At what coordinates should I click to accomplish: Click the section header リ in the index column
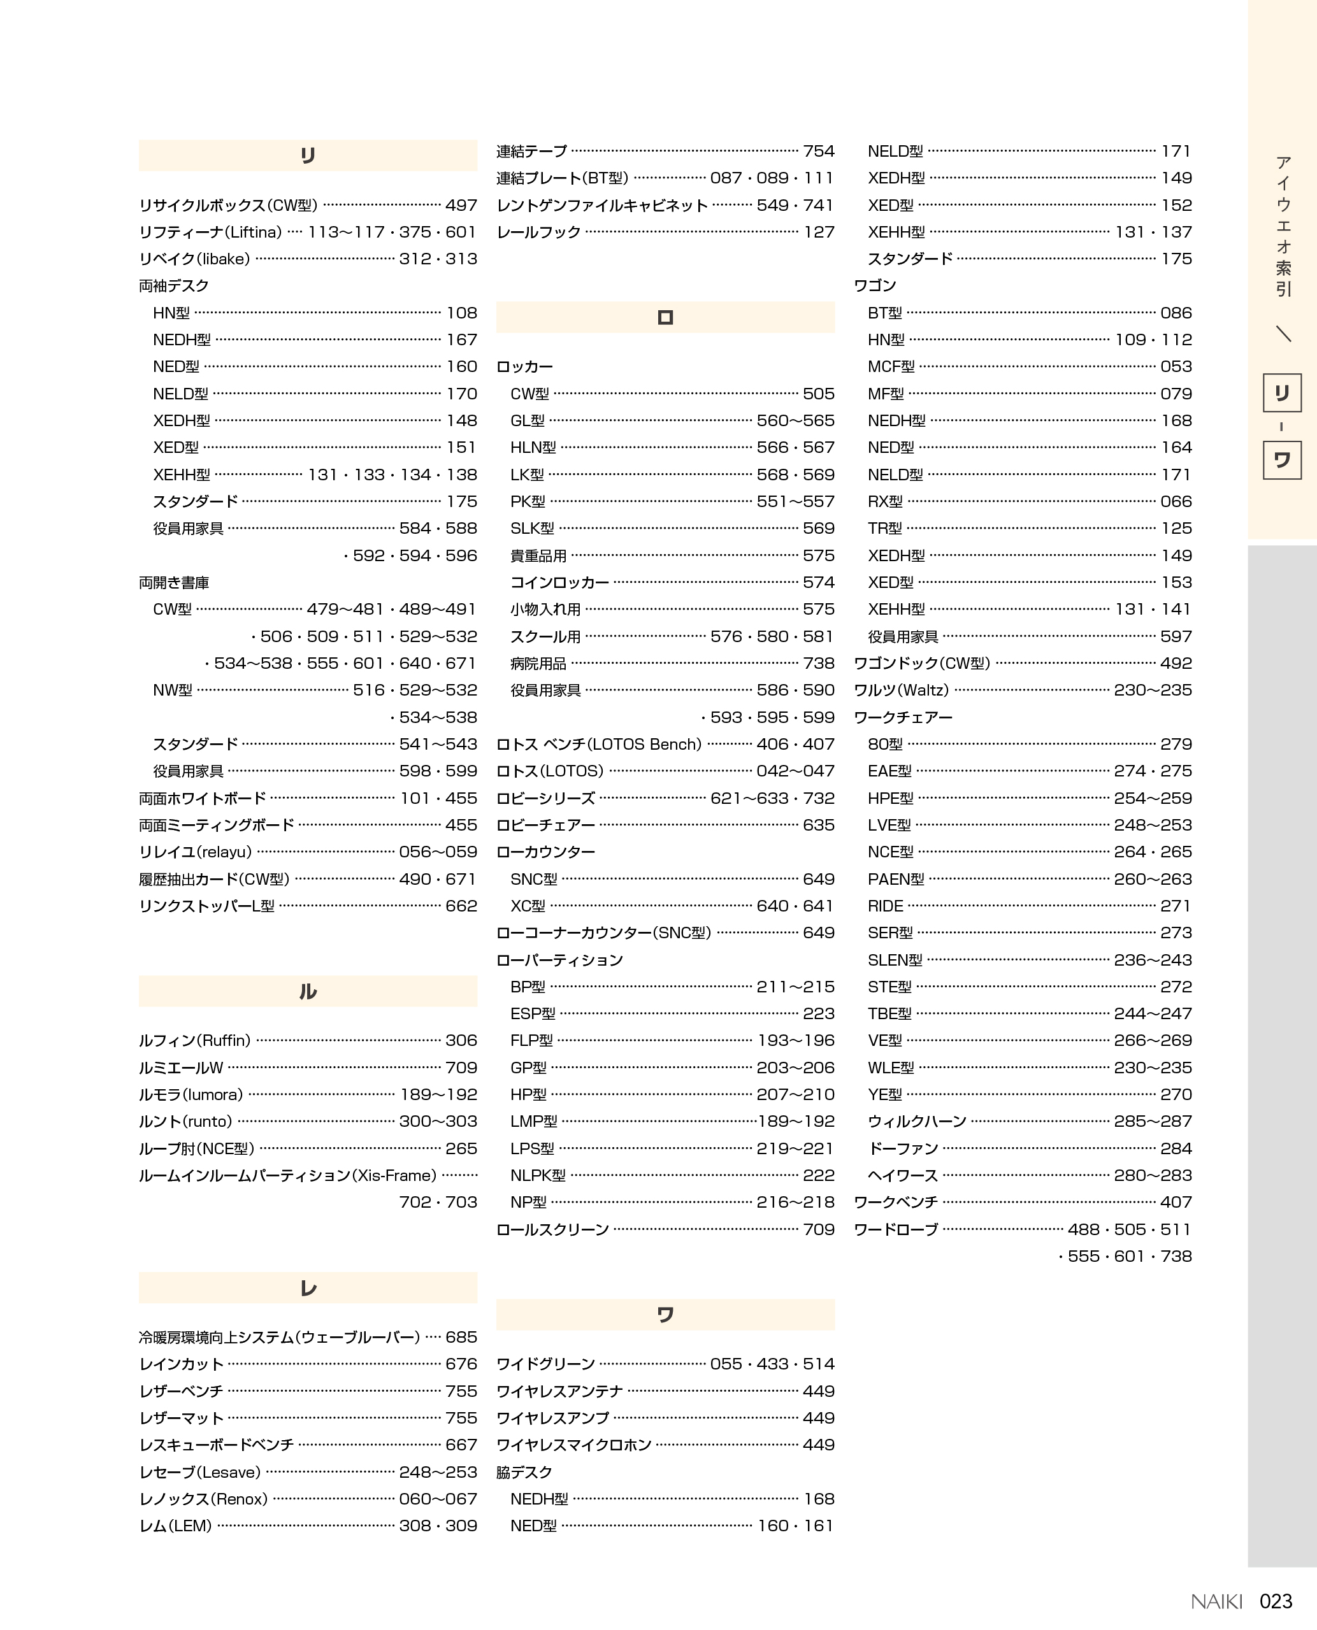307,155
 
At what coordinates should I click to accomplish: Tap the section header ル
307,991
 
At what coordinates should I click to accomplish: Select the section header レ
307,1288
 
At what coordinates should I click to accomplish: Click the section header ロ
665,317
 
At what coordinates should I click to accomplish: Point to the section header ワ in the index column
665,1315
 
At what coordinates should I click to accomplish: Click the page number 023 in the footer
1276,1601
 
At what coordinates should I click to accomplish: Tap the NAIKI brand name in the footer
1216,1601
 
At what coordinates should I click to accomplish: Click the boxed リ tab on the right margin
1282,393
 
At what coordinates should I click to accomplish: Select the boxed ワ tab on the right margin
1282,460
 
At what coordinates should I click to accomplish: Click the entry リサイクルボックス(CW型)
228,206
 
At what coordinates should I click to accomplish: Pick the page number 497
461,206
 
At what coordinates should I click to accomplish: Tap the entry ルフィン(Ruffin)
195,1041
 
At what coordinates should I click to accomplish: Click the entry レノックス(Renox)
203,1499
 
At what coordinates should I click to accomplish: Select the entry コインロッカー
560,583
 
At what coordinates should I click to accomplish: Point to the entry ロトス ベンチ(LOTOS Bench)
598,744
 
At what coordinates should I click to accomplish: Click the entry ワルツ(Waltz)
902,690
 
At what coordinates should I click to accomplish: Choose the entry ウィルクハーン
918,1121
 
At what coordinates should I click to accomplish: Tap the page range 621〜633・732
772,798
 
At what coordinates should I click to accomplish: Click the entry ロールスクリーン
552,1229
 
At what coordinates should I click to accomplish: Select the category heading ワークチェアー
903,717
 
